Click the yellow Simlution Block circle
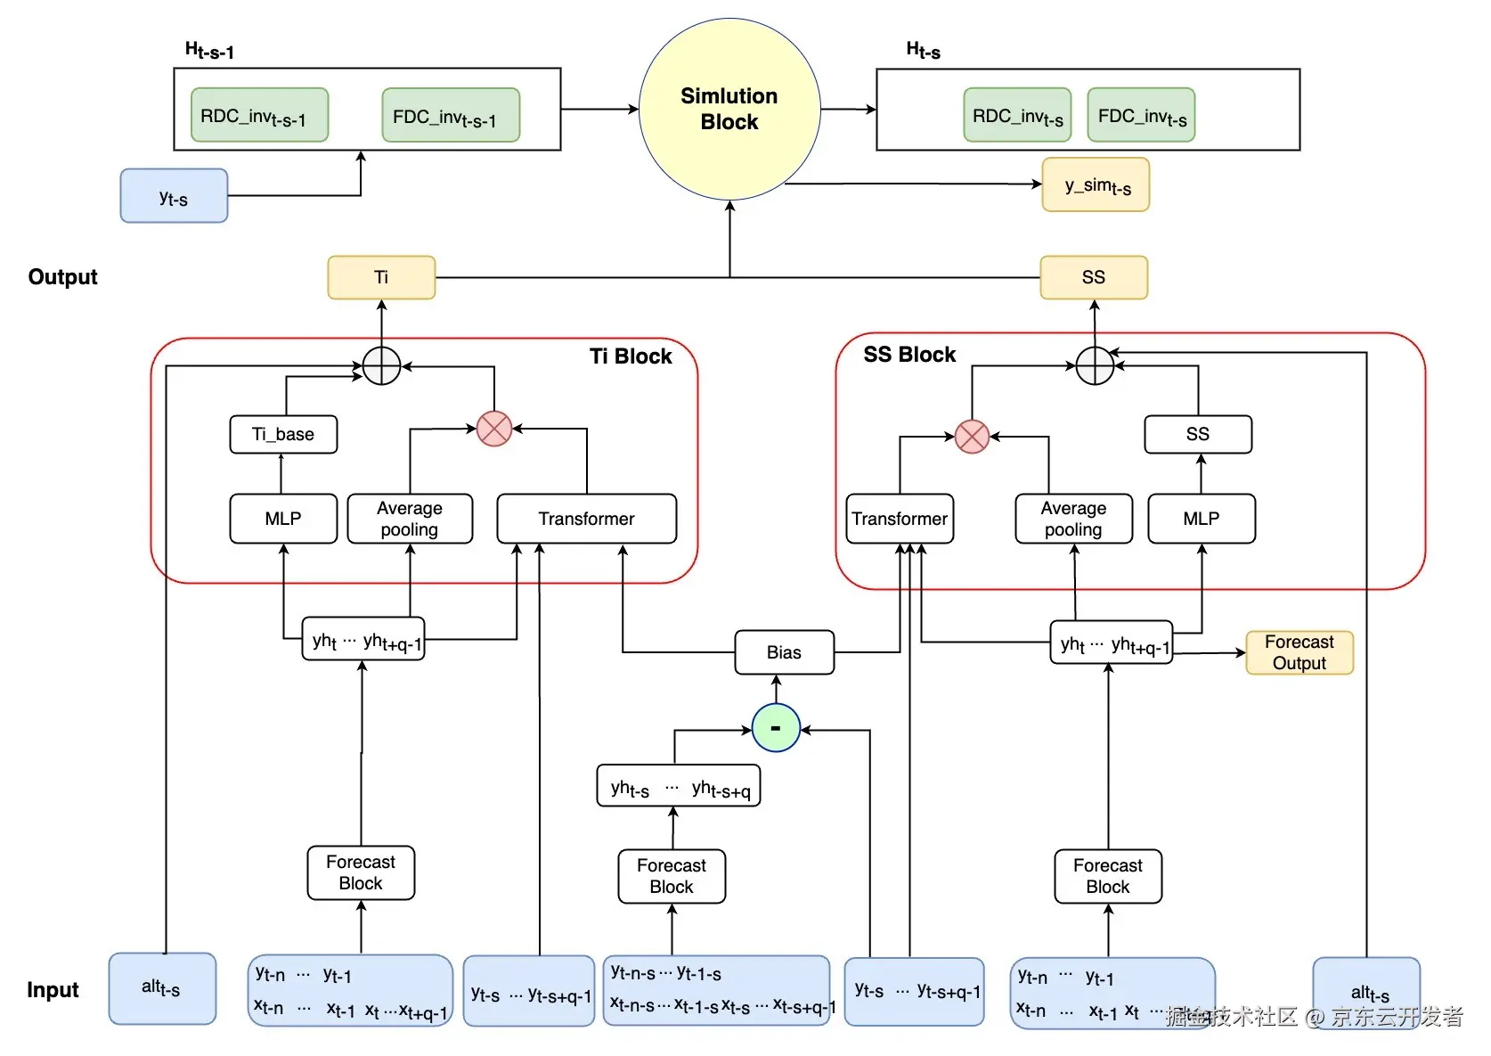[729, 110]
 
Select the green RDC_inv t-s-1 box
[259, 115]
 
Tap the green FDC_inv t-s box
[1141, 115]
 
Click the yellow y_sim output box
[1096, 185]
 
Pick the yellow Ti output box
[381, 277]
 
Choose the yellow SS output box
[1094, 277]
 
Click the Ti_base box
[283, 434]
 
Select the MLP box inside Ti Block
[283, 519]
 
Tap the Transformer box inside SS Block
[900, 519]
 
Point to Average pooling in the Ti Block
[410, 519]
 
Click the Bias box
[784, 652]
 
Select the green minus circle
[776, 728]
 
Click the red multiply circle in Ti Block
[494, 429]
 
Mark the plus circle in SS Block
[1095, 365]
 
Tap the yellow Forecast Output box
[1299, 652]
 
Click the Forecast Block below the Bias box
[672, 876]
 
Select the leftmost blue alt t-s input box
[162, 988]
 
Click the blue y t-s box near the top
[174, 196]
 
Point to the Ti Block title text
[631, 356]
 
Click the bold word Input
[53, 990]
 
